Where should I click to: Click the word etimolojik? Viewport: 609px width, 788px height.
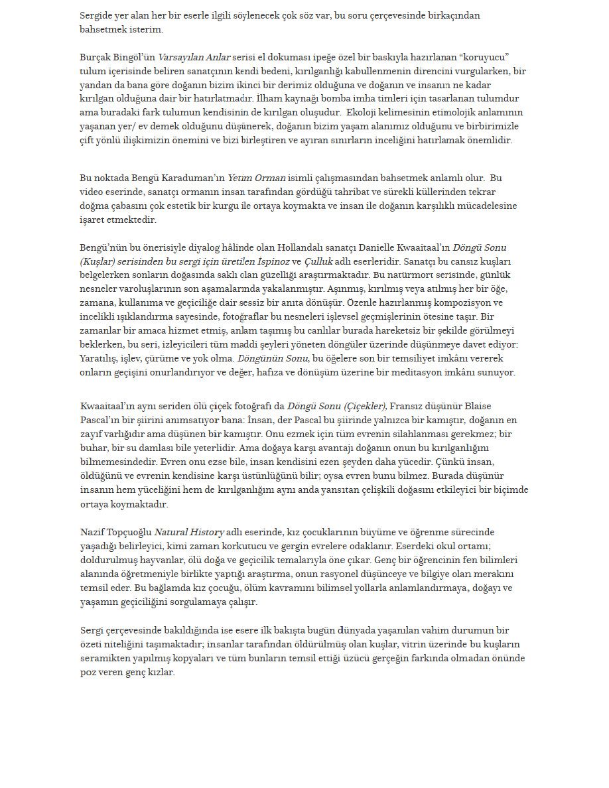(475, 113)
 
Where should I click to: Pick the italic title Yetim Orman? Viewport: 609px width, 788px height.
(256, 178)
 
